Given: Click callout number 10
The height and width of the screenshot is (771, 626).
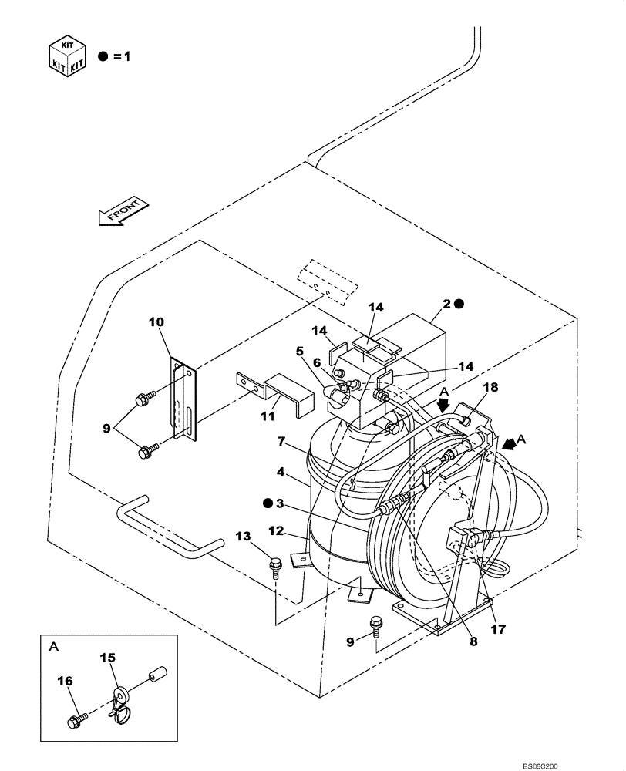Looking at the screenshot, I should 157,322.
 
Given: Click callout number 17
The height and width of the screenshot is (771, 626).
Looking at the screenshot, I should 499,628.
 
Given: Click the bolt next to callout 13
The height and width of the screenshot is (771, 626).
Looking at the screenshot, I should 275,567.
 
